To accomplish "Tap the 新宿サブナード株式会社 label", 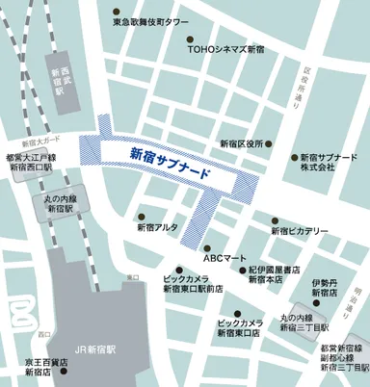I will (330, 162).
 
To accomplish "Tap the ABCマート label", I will (225, 258).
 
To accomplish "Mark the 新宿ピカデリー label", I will (300, 231).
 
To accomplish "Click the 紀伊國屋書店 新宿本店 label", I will (274, 275).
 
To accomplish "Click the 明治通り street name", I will (357, 279).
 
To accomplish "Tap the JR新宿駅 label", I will (94, 352).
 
